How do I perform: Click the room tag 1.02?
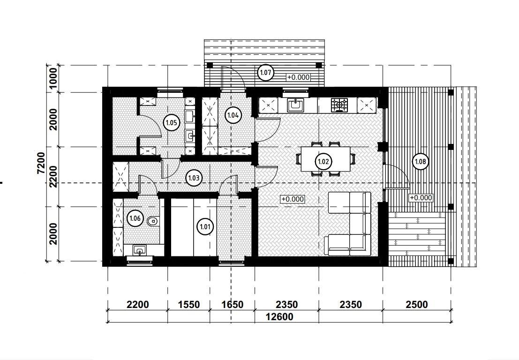pos(323,161)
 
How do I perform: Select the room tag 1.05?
pos(172,123)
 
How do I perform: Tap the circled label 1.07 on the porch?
pos(266,73)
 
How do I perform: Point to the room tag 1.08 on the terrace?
pos(421,161)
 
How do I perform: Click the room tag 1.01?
pos(205,227)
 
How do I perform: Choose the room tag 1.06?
pos(135,218)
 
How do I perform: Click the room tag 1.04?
pos(233,115)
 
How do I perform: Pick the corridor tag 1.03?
pos(194,178)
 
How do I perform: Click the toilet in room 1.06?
pos(153,221)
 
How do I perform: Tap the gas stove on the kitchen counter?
pos(339,105)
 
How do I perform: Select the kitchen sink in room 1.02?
pos(295,105)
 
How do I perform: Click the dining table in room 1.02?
pos(326,159)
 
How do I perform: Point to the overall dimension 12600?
pos(279,317)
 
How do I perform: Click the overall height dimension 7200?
pos(41,163)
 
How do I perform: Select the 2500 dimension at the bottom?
pos(417,304)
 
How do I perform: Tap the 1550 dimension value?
pos(188,304)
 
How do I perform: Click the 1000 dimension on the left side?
pos(53,79)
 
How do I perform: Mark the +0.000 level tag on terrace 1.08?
pos(421,197)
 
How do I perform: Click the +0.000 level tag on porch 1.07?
pos(299,77)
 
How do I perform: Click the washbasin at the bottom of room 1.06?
pos(140,250)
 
